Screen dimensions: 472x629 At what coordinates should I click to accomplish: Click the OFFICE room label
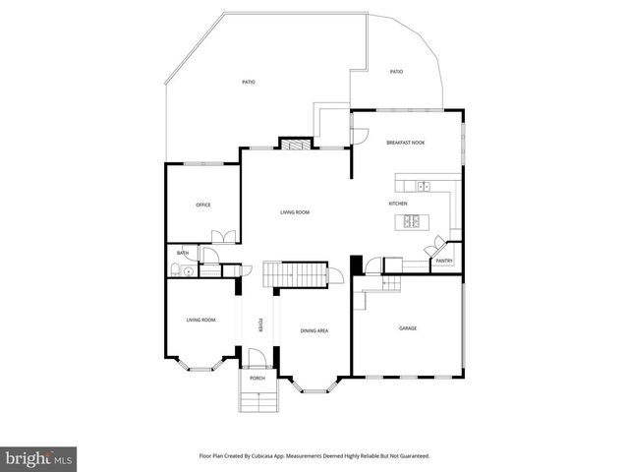pyautogui.click(x=203, y=205)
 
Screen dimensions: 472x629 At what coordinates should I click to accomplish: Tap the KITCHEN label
pyautogui.click(x=398, y=204)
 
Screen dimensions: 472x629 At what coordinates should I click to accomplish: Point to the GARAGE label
pyautogui.click(x=407, y=327)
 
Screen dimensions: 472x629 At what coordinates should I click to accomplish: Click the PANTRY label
pyautogui.click(x=444, y=261)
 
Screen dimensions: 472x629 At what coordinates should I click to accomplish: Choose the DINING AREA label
pyautogui.click(x=314, y=330)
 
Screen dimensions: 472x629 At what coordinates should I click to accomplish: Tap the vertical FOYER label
pyautogui.click(x=259, y=325)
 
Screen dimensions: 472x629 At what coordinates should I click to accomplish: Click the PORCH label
pyautogui.click(x=257, y=379)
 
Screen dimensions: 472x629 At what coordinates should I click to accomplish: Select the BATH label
pyautogui.click(x=183, y=253)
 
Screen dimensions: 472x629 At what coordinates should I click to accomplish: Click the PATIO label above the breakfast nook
pyautogui.click(x=396, y=72)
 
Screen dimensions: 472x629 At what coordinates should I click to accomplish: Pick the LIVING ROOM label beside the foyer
pyautogui.click(x=201, y=320)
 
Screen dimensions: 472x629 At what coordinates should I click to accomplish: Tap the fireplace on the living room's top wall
pyautogui.click(x=293, y=146)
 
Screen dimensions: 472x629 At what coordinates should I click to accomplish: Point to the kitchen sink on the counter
pyautogui.click(x=422, y=186)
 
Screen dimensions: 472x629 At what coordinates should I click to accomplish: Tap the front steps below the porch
pyautogui.click(x=257, y=400)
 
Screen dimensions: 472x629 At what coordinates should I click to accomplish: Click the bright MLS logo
pyautogui.click(x=39, y=458)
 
